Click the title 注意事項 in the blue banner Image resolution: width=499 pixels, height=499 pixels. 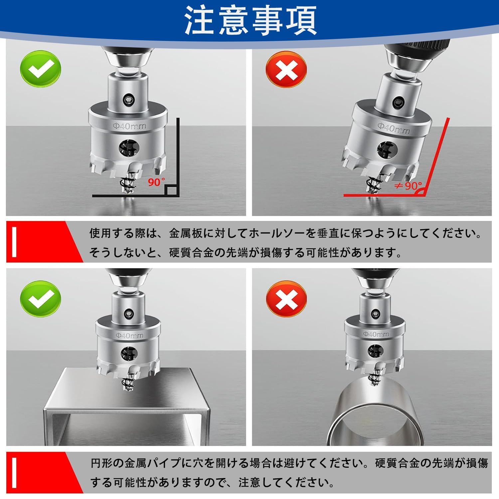pos(250,20)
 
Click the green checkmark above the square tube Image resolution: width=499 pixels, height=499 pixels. pos(41,301)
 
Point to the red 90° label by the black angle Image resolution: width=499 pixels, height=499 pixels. pos(157,182)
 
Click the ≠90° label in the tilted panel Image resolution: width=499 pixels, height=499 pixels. pos(408,185)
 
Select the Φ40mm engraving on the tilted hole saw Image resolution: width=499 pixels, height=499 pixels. pos(394,127)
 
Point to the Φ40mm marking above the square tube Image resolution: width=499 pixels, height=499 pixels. pos(130,336)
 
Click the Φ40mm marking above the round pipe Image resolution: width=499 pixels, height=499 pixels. pos(375,334)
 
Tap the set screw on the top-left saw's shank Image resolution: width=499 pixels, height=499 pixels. pos(127,99)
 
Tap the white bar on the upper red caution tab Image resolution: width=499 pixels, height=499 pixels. pos(14,242)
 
